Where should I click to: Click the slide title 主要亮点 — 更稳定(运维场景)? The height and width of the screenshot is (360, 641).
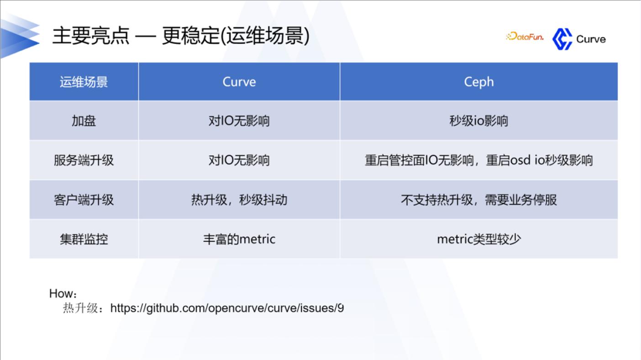pos(181,36)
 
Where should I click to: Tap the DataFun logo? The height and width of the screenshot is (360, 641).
pos(525,37)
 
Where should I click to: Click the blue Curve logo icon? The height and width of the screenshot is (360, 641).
pos(562,39)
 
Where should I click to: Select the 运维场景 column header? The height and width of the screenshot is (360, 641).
pos(84,82)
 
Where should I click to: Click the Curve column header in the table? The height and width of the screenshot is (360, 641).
pos(239,82)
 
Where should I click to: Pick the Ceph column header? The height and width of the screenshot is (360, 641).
pos(479,82)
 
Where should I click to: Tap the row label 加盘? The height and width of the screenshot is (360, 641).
pos(84,121)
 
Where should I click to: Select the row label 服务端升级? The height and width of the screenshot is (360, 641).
pos(84,160)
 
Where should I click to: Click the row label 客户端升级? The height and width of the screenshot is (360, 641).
pos(84,199)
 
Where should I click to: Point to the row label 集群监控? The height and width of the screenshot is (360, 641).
pos(84,239)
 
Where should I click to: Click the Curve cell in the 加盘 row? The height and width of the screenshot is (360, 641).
pos(239,121)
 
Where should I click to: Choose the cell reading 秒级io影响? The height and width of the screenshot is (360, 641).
pos(479,121)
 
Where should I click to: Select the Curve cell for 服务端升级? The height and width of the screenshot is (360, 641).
pos(239,160)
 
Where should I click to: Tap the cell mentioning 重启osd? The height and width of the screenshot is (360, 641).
pos(479,160)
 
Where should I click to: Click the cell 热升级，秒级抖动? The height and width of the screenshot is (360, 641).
pos(239,199)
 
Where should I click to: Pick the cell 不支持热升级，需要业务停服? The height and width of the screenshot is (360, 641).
pos(479,199)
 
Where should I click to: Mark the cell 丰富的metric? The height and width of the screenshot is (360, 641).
pos(239,239)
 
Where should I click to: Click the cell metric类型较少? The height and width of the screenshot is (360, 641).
pos(479,239)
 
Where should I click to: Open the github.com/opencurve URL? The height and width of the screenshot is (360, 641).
pos(227,308)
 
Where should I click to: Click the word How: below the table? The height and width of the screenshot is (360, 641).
pos(63,294)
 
